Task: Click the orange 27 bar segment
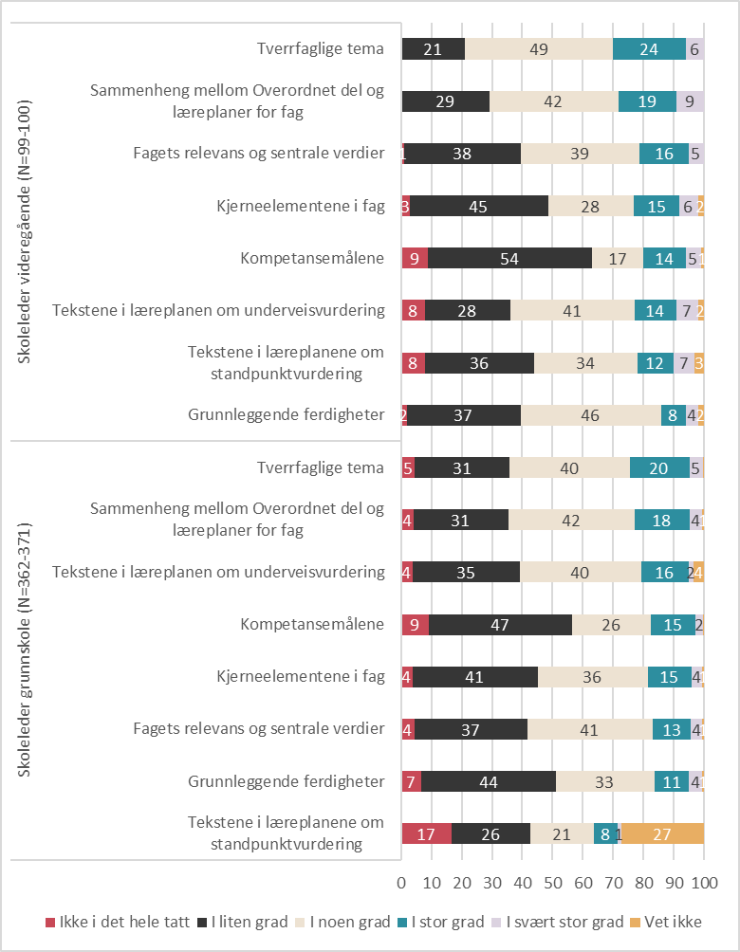click(x=662, y=833)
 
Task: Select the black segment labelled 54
click(x=509, y=258)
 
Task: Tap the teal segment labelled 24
click(x=649, y=48)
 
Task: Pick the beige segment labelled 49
click(x=539, y=48)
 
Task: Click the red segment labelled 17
click(x=427, y=833)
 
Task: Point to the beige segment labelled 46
click(x=590, y=414)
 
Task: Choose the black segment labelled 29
click(x=445, y=101)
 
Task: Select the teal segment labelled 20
click(x=659, y=467)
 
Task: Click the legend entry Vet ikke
click(x=666, y=922)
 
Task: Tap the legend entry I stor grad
click(x=441, y=922)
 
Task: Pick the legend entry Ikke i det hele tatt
click(x=118, y=922)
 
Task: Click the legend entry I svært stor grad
click(x=558, y=922)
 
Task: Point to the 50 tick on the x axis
click(x=553, y=882)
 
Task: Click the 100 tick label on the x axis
click(x=705, y=882)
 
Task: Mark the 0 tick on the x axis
click(x=401, y=882)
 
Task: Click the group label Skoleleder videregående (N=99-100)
click(x=24, y=232)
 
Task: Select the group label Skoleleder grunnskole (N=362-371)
click(x=24, y=650)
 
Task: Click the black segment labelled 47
click(x=501, y=625)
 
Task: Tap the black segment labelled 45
click(x=479, y=206)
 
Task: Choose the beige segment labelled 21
click(x=562, y=833)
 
